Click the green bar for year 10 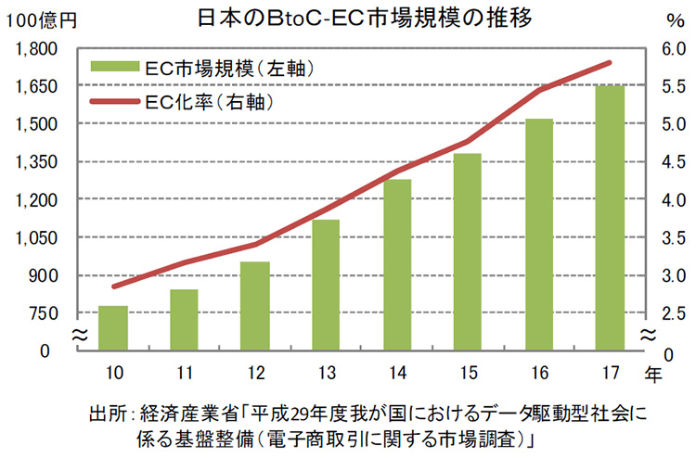112,328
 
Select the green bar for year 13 325,285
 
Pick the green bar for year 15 468,251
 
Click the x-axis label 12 254,374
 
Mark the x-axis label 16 538,374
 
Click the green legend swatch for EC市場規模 113,68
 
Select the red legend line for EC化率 113,96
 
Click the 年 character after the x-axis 655,375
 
